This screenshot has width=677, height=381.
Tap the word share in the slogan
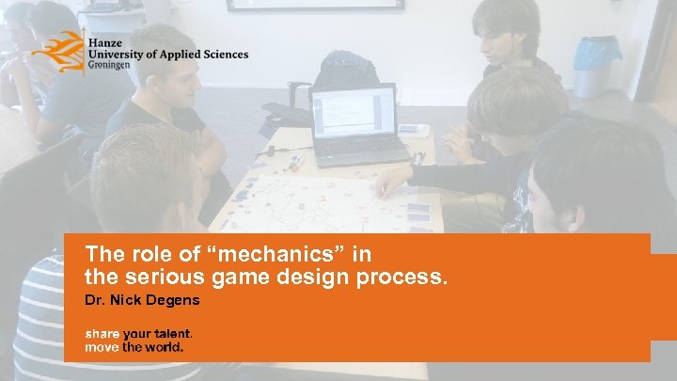pos(102,334)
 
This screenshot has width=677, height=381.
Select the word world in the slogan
pos(164,346)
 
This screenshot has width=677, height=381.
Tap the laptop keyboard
pos(363,151)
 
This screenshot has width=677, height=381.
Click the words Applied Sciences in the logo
pos(206,55)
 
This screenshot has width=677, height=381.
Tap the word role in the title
pos(141,253)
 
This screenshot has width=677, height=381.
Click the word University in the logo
pos(118,55)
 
